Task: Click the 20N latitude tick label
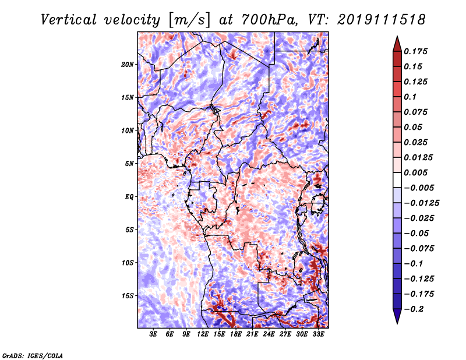(128, 65)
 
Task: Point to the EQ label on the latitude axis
(129, 197)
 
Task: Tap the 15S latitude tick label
(128, 296)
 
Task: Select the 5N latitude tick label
(129, 164)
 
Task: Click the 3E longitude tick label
(153, 334)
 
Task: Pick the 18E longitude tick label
(236, 334)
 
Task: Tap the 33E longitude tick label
(318, 334)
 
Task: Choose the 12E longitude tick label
(203, 334)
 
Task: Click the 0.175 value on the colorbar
(415, 51)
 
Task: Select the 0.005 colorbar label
(415, 172)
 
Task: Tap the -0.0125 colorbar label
(421, 203)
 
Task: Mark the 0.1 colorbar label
(410, 97)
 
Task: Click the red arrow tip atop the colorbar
(397, 36)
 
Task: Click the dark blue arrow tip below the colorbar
(397, 323)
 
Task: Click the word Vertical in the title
(69, 20)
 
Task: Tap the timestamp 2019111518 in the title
(382, 20)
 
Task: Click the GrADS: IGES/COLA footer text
(33, 355)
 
